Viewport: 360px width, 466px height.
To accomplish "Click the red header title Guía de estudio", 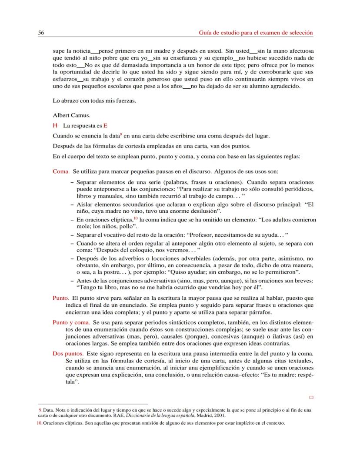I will click(x=256, y=33).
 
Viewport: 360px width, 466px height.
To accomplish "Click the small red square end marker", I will click(x=311, y=397).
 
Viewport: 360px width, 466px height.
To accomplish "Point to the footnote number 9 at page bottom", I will click(x=40, y=410).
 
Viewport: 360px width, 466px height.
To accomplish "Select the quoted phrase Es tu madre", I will click(x=281, y=375).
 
